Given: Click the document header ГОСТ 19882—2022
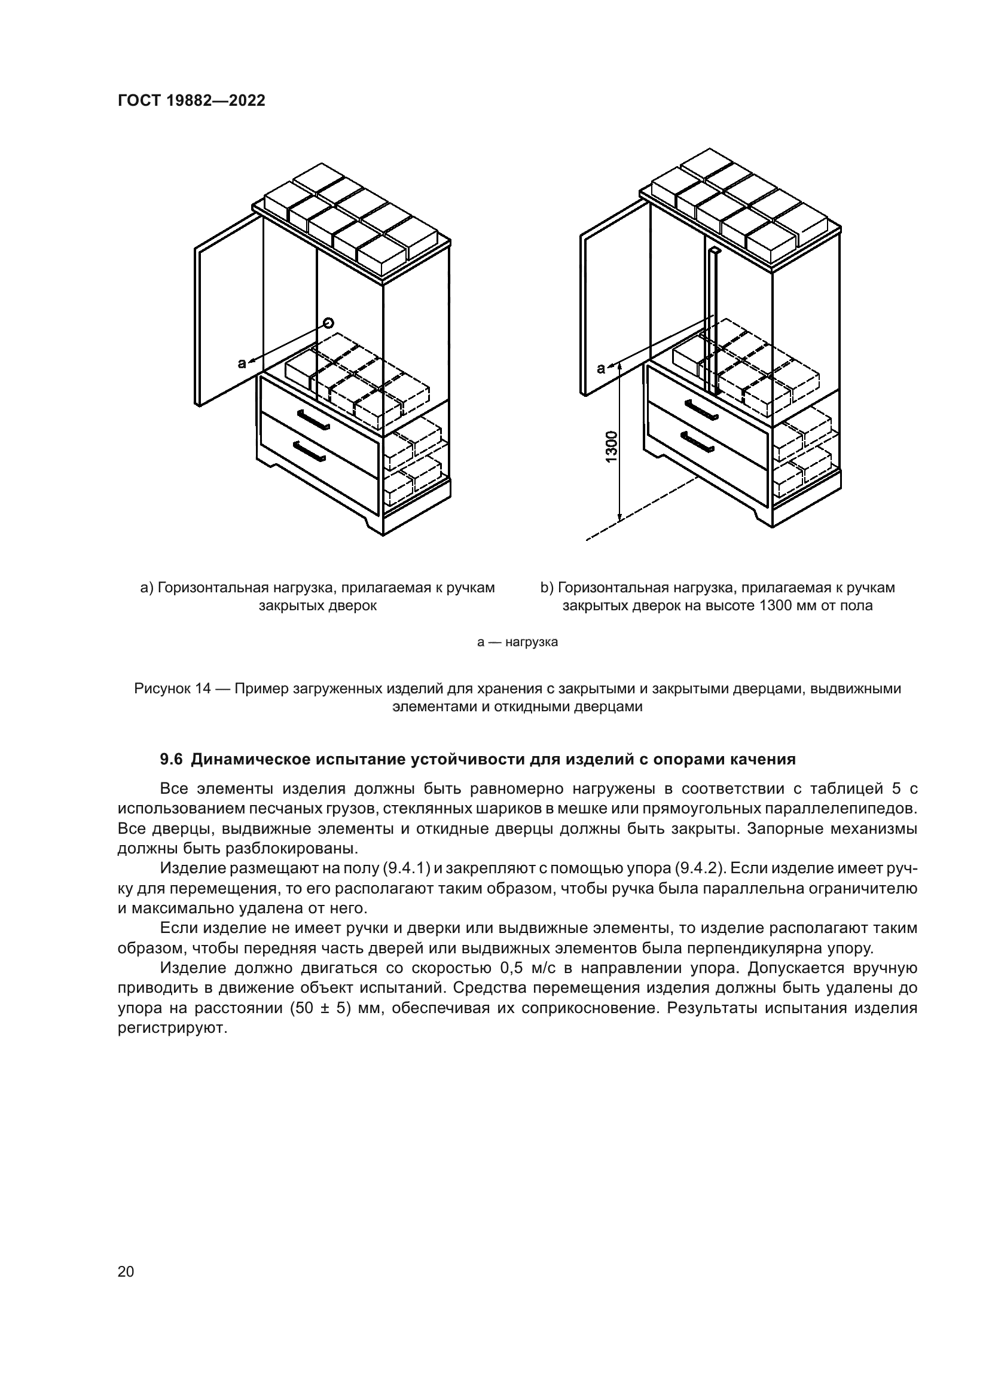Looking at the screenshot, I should coord(191,101).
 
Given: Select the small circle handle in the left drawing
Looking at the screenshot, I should coord(329,323).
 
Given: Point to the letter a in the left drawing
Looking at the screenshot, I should coord(242,363).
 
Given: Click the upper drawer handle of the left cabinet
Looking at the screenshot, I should coord(314,419).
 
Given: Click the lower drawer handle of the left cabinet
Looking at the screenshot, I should coord(309,451).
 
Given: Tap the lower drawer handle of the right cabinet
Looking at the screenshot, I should coord(697,442).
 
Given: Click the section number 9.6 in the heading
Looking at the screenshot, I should coord(171,759).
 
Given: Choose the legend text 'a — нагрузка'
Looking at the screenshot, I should coord(518,642).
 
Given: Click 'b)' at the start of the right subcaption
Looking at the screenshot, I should coord(547,588).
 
